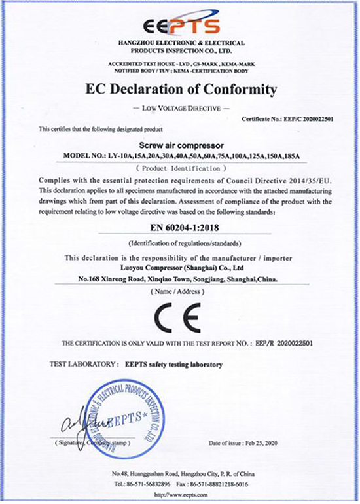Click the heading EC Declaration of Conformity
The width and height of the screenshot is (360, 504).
[179, 89]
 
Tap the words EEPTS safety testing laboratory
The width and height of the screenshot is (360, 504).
[172, 364]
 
